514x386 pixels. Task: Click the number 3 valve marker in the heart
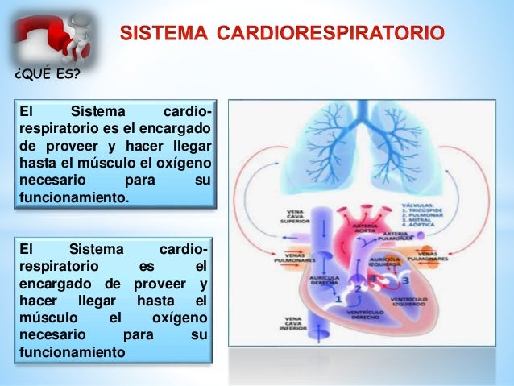[x=405, y=280]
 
